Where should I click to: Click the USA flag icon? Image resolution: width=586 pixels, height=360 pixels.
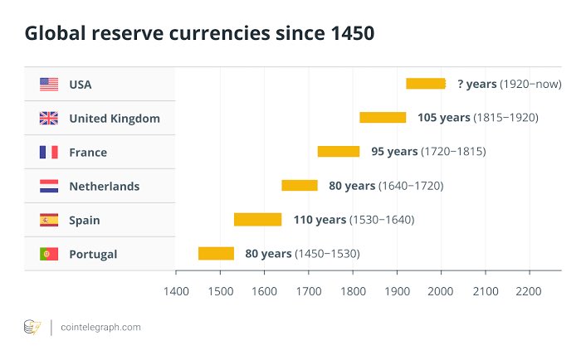(49, 84)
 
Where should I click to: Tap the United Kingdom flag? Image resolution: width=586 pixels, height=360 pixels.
(49, 118)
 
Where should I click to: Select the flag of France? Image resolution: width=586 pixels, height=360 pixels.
(49, 152)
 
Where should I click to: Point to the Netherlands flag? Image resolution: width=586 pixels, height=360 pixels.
(49, 186)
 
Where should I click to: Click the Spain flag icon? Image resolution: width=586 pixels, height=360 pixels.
(49, 220)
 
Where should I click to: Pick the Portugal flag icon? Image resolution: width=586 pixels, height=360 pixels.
(49, 254)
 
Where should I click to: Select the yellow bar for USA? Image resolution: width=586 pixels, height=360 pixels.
(426, 84)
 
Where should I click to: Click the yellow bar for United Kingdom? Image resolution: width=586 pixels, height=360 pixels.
(383, 118)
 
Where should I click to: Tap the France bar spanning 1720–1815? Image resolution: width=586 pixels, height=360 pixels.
(339, 152)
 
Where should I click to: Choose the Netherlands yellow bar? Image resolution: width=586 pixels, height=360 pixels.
(300, 186)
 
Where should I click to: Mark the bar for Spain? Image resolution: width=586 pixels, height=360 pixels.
(257, 220)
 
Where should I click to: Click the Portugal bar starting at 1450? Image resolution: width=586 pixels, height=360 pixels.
(216, 254)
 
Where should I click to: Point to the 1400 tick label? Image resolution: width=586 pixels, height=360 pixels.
(176, 292)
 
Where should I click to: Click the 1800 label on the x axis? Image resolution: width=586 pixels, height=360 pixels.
(353, 292)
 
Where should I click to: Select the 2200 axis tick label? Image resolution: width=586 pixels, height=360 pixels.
(529, 292)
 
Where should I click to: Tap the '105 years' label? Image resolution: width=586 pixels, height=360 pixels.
(443, 118)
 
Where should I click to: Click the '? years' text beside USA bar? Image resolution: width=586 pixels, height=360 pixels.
(476, 84)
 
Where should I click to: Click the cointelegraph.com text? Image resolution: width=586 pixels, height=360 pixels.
(100, 327)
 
